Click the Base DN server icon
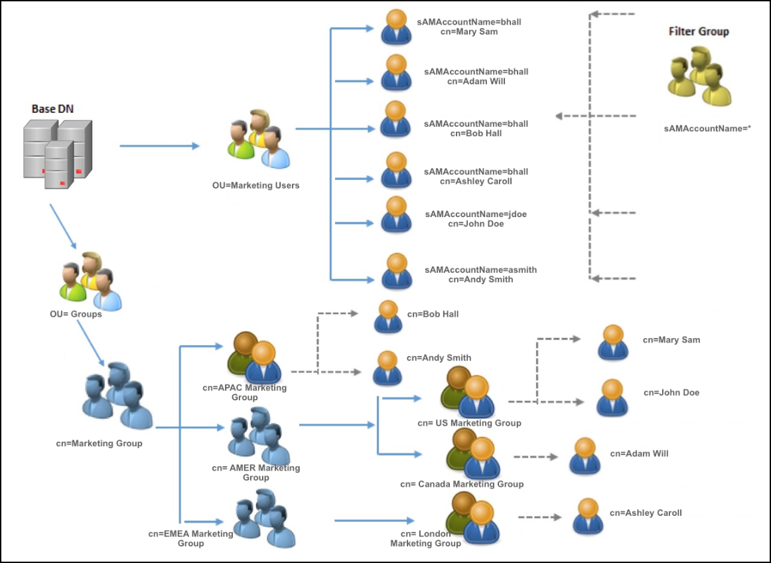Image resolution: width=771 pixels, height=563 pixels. point(57,153)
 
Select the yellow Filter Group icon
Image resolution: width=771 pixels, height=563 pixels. point(698,76)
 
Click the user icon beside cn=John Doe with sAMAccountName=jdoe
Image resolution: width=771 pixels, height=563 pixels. point(396,214)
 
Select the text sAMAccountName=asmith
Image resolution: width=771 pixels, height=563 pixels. point(480,270)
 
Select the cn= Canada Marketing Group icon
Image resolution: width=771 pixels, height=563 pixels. point(473,453)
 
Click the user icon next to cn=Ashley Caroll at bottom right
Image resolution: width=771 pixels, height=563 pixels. point(587,517)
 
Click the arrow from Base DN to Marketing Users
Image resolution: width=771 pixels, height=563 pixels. point(159,145)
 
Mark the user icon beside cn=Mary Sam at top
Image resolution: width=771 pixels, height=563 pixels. point(396,27)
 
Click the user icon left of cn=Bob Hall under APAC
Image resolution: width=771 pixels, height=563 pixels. point(387,317)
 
